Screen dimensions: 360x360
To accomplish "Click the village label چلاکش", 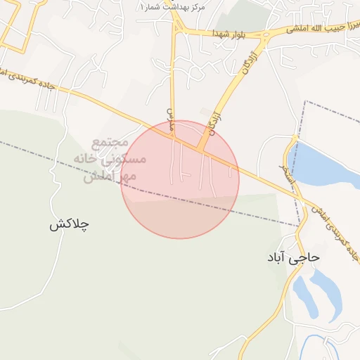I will tap(69, 225).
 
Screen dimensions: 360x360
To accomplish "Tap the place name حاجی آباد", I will tap(292, 257).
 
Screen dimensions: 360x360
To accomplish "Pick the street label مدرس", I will tap(169, 120).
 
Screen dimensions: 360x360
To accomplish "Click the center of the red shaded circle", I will tap(180, 179).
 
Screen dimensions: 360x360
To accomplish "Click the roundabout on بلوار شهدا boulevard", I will tap(266, 33).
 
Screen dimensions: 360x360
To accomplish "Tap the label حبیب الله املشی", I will tap(316, 28).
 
